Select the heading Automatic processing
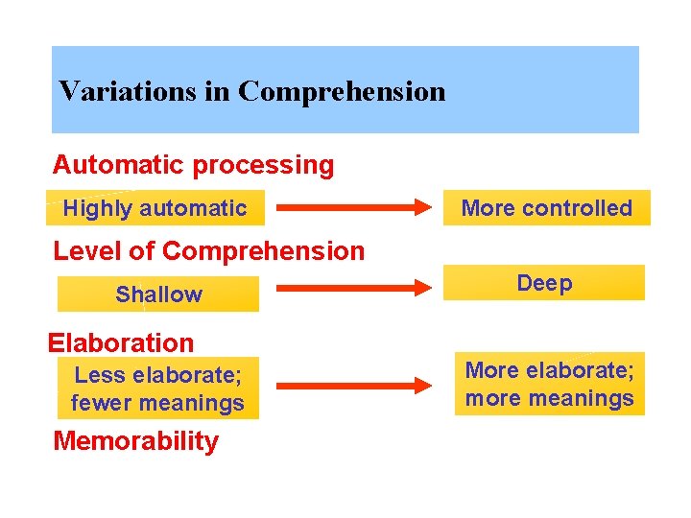tap(194, 165)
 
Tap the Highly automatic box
tap(155, 208)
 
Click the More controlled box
tap(547, 208)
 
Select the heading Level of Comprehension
tap(209, 251)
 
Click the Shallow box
tap(158, 294)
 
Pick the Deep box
tap(544, 283)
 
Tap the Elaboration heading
tap(122, 342)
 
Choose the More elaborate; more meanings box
tap(550, 384)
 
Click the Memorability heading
tap(136, 441)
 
